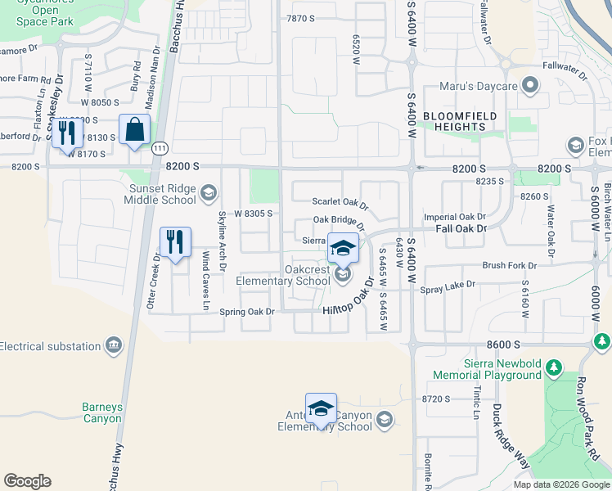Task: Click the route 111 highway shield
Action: point(160,147)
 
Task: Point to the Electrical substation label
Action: point(51,346)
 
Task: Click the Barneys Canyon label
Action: point(102,412)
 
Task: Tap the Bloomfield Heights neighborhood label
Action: point(461,122)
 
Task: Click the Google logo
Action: point(28,481)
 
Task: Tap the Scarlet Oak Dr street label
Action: point(340,202)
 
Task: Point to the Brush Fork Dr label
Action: point(509,266)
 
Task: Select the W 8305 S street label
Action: point(252,214)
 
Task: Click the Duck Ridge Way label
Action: point(511,439)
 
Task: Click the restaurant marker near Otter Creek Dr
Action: point(175,242)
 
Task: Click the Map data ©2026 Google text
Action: point(560,484)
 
